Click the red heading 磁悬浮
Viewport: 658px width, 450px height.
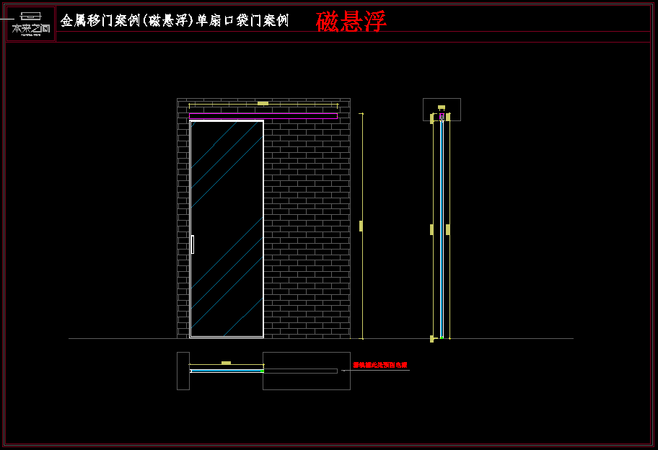[351, 22]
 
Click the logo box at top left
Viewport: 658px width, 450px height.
[31, 24]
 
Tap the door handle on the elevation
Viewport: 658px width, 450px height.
[193, 244]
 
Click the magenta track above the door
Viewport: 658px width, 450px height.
[263, 115]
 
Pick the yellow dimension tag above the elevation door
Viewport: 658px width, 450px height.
[263, 104]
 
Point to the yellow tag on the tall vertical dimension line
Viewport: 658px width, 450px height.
[361, 226]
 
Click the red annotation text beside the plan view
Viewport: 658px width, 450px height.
[380, 365]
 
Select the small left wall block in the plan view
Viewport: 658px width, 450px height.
[183, 371]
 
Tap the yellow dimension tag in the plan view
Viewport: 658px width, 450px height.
[226, 363]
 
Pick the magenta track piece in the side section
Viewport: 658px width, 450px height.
[442, 115]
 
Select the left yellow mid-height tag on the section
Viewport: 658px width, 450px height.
[431, 229]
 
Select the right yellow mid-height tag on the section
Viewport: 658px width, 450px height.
[448, 229]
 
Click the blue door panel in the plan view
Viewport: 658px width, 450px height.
[227, 371]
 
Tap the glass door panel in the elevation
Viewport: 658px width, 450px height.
[227, 228]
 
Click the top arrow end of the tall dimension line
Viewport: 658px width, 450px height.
[361, 113]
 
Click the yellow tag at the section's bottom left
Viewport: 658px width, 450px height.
[431, 338]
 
